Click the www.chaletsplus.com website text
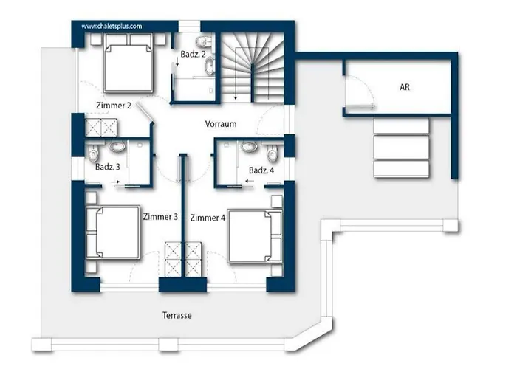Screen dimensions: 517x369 112,27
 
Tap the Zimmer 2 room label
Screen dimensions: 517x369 114,106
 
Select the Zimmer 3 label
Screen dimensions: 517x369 160,217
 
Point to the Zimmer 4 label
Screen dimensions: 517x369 208,218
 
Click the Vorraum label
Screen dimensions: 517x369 221,124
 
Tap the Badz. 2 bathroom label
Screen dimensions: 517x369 194,55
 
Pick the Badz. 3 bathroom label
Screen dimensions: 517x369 108,167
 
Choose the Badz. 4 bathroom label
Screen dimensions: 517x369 261,170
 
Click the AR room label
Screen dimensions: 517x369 405,87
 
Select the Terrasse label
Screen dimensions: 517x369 177,316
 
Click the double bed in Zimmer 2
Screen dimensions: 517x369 129,63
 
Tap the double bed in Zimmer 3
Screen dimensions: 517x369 113,232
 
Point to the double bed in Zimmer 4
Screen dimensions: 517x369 256,236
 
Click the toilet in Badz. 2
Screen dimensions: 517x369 203,42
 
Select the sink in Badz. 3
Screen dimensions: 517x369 117,146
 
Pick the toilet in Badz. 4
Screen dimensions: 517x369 273,153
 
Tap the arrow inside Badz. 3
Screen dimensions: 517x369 115,182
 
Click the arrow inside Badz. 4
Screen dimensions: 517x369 250,181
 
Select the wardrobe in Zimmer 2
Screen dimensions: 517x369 101,128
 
